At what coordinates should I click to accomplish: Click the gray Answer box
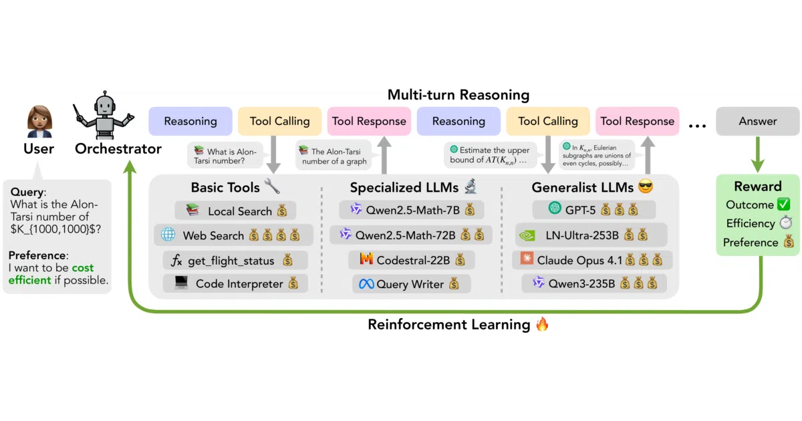(x=758, y=121)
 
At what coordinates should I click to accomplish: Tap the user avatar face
(x=39, y=119)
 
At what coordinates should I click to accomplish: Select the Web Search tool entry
(x=233, y=235)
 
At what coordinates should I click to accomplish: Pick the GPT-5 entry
(x=593, y=209)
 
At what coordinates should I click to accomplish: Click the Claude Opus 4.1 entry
(x=592, y=260)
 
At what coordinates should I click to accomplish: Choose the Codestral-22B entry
(x=412, y=260)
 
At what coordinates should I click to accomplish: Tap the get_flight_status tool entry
(x=235, y=260)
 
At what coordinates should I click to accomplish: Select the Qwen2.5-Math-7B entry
(x=412, y=209)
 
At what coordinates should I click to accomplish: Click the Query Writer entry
(x=412, y=284)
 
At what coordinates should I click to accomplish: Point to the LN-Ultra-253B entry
(x=591, y=235)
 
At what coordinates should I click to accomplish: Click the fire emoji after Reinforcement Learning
(x=542, y=324)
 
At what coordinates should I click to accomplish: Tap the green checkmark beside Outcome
(x=783, y=204)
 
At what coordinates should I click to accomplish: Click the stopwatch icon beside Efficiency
(x=786, y=223)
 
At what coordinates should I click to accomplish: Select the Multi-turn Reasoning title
(x=458, y=95)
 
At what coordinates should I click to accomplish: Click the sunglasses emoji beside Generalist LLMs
(x=646, y=186)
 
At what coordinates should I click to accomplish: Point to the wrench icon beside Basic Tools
(x=272, y=186)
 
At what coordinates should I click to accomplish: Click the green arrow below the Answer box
(x=758, y=154)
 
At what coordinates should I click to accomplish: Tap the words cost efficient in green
(x=51, y=274)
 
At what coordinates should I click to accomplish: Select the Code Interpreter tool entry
(x=235, y=283)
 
